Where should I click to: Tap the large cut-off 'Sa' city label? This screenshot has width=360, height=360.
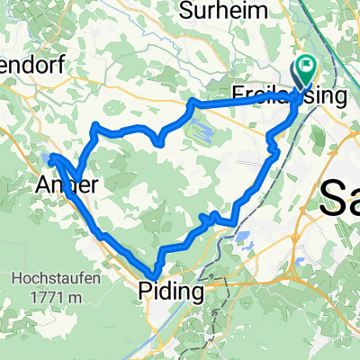[340, 195]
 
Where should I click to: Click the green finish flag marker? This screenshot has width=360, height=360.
[307, 67]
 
